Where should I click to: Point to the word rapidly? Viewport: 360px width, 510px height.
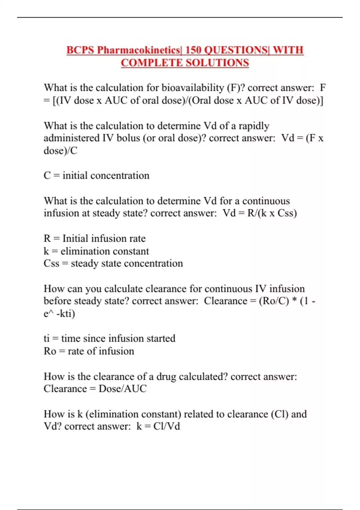point(254,125)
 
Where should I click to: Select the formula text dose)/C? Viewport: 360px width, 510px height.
point(60,150)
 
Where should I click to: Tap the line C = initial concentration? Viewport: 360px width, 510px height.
point(96,175)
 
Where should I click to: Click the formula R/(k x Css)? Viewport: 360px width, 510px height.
point(272,213)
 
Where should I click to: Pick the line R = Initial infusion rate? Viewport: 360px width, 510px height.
point(94,238)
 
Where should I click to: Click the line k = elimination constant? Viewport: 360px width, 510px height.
point(96,251)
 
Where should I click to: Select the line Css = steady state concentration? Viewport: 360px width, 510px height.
point(113,263)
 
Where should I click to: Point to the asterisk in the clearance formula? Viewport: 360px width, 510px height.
point(295,301)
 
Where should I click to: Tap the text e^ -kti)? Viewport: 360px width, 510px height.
point(59,313)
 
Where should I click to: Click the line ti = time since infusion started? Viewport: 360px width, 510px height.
point(109,338)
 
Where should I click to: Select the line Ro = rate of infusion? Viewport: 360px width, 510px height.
point(89,351)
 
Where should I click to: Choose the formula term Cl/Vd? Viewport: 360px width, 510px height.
point(166,426)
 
